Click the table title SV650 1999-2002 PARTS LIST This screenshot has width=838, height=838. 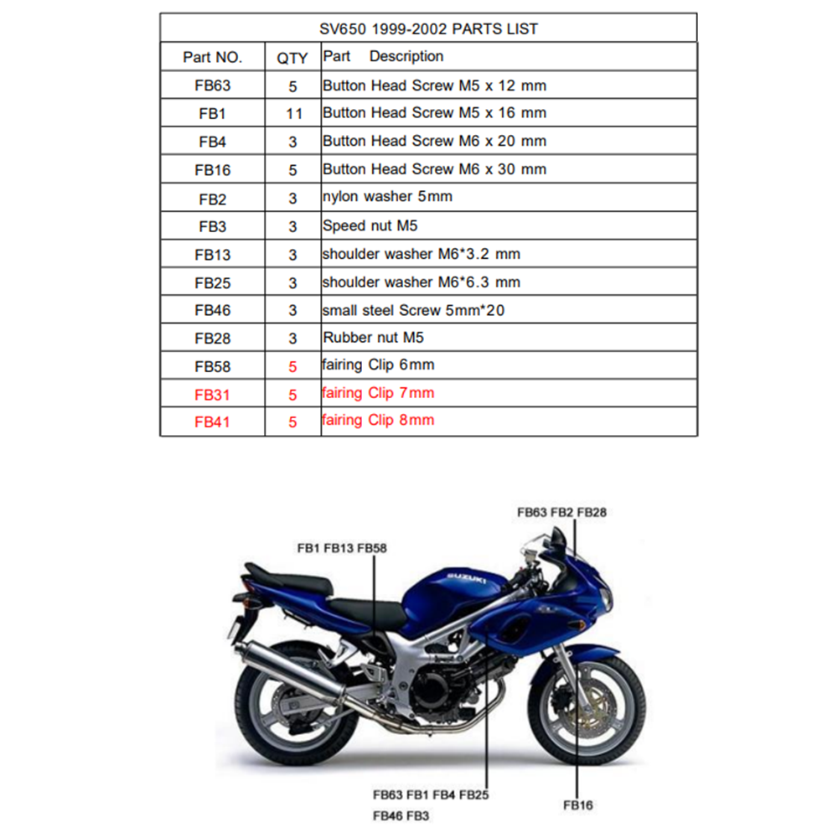pyautogui.click(x=428, y=28)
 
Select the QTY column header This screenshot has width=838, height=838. pyautogui.click(x=292, y=58)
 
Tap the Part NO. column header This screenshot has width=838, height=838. pyautogui.click(x=212, y=57)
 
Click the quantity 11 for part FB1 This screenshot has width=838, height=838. pyautogui.click(x=294, y=114)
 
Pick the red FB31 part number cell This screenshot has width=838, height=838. pyautogui.click(x=212, y=395)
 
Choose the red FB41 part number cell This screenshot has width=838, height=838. pyautogui.click(x=212, y=422)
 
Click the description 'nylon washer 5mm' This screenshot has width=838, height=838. pyautogui.click(x=387, y=197)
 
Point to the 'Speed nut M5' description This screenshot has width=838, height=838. pyautogui.click(x=370, y=225)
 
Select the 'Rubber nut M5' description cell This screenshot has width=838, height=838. pyautogui.click(x=373, y=338)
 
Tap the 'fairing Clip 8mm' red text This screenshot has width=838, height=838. pyautogui.click(x=378, y=420)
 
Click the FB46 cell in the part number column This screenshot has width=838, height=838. pyautogui.click(x=212, y=311)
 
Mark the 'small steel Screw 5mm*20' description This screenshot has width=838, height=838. pyautogui.click(x=413, y=311)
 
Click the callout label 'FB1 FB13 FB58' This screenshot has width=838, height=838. pyautogui.click(x=342, y=548)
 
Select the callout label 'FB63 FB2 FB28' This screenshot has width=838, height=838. pyautogui.click(x=561, y=513)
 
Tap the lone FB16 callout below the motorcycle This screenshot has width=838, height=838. pyautogui.click(x=578, y=805)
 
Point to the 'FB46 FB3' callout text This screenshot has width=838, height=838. pyautogui.click(x=401, y=816)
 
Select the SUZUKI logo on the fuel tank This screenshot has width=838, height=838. pyautogui.click(x=467, y=577)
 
